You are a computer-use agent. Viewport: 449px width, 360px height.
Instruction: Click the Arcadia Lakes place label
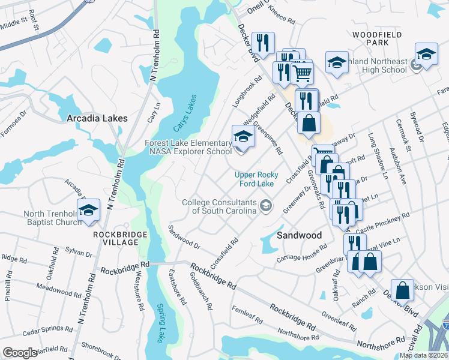(97, 118)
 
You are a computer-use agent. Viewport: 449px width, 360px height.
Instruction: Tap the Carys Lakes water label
(185, 115)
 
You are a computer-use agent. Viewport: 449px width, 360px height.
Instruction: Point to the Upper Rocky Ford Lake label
(256, 179)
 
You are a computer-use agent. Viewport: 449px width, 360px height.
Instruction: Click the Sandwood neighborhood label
(299, 235)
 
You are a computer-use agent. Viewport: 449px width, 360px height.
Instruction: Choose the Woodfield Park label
(376, 40)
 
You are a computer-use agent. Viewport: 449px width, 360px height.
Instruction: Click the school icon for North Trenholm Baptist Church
(88, 211)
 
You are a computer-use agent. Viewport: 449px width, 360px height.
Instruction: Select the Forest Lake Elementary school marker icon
(243, 137)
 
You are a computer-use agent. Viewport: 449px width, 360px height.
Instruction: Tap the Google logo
(20, 353)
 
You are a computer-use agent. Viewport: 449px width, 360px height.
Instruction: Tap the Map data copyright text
(423, 355)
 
